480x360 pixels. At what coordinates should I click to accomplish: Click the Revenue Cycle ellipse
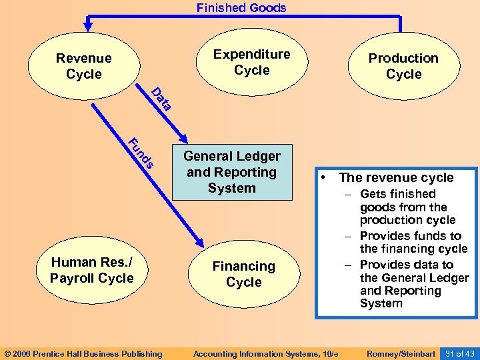[x=83, y=66]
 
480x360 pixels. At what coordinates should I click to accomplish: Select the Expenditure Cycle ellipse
[x=251, y=63]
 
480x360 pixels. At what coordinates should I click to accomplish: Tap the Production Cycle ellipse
[x=403, y=66]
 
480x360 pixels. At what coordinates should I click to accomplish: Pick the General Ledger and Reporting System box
[x=232, y=172]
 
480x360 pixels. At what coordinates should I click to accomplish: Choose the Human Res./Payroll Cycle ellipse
[x=91, y=270]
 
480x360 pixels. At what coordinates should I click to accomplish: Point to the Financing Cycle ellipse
[x=243, y=274]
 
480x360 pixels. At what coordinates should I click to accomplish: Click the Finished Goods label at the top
[x=241, y=8]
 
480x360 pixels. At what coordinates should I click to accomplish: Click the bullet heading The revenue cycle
[x=396, y=177]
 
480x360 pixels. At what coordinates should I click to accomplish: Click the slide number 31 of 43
[x=459, y=353]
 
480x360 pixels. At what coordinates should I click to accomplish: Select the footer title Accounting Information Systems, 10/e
[x=265, y=353]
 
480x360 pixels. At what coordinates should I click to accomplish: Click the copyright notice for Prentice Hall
[x=83, y=353]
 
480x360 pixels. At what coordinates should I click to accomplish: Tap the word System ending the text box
[x=381, y=303]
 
